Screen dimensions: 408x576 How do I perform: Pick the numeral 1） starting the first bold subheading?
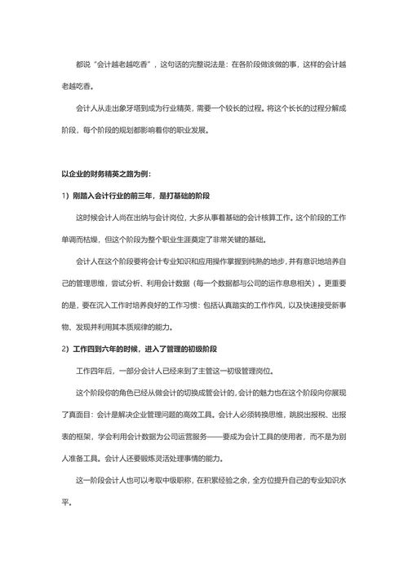click(x=66, y=196)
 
